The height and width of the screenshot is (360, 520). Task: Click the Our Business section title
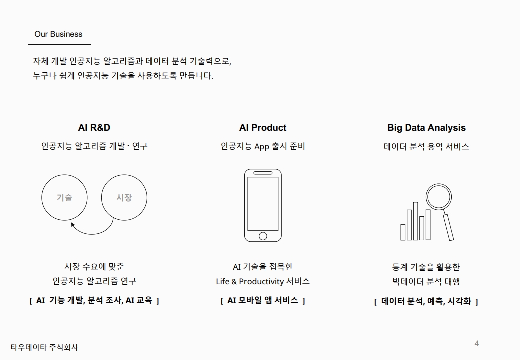pyautogui.click(x=58, y=34)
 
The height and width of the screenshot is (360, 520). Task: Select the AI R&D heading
pyautogui.click(x=94, y=128)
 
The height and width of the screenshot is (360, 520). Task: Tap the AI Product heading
pyautogui.click(x=263, y=128)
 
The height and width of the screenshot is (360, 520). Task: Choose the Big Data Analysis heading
pyautogui.click(x=426, y=128)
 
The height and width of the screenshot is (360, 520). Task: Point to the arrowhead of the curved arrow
pyautogui.click(x=73, y=225)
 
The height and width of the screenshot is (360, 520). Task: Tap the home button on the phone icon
pyautogui.click(x=263, y=236)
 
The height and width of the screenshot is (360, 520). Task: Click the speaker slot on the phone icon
pyautogui.click(x=263, y=173)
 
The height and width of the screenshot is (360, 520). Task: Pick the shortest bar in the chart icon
pyautogui.click(x=403, y=232)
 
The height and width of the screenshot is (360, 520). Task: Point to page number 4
pyautogui.click(x=477, y=344)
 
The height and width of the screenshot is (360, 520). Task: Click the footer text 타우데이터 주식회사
pyautogui.click(x=44, y=347)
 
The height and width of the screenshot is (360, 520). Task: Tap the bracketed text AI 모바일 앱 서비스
pyautogui.click(x=263, y=300)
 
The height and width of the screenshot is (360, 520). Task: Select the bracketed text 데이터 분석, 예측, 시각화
pyautogui.click(x=426, y=301)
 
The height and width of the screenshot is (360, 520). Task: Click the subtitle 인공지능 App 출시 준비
pyautogui.click(x=263, y=146)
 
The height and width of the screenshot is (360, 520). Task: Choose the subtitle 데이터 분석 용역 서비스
pyautogui.click(x=426, y=147)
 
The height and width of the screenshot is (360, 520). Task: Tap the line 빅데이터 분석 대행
pyautogui.click(x=426, y=282)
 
